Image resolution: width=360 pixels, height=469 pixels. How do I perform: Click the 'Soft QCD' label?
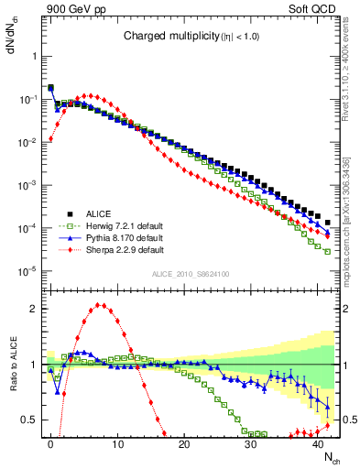315,8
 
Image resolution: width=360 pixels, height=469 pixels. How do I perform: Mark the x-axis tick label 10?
117,443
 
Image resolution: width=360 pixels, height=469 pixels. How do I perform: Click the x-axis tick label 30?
251,443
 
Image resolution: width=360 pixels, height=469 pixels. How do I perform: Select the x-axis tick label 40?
318,443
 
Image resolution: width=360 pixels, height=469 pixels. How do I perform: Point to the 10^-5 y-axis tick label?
27,270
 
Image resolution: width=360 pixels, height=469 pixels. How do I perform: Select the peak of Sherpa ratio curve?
100,305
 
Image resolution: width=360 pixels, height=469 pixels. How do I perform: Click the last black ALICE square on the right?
327,223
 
